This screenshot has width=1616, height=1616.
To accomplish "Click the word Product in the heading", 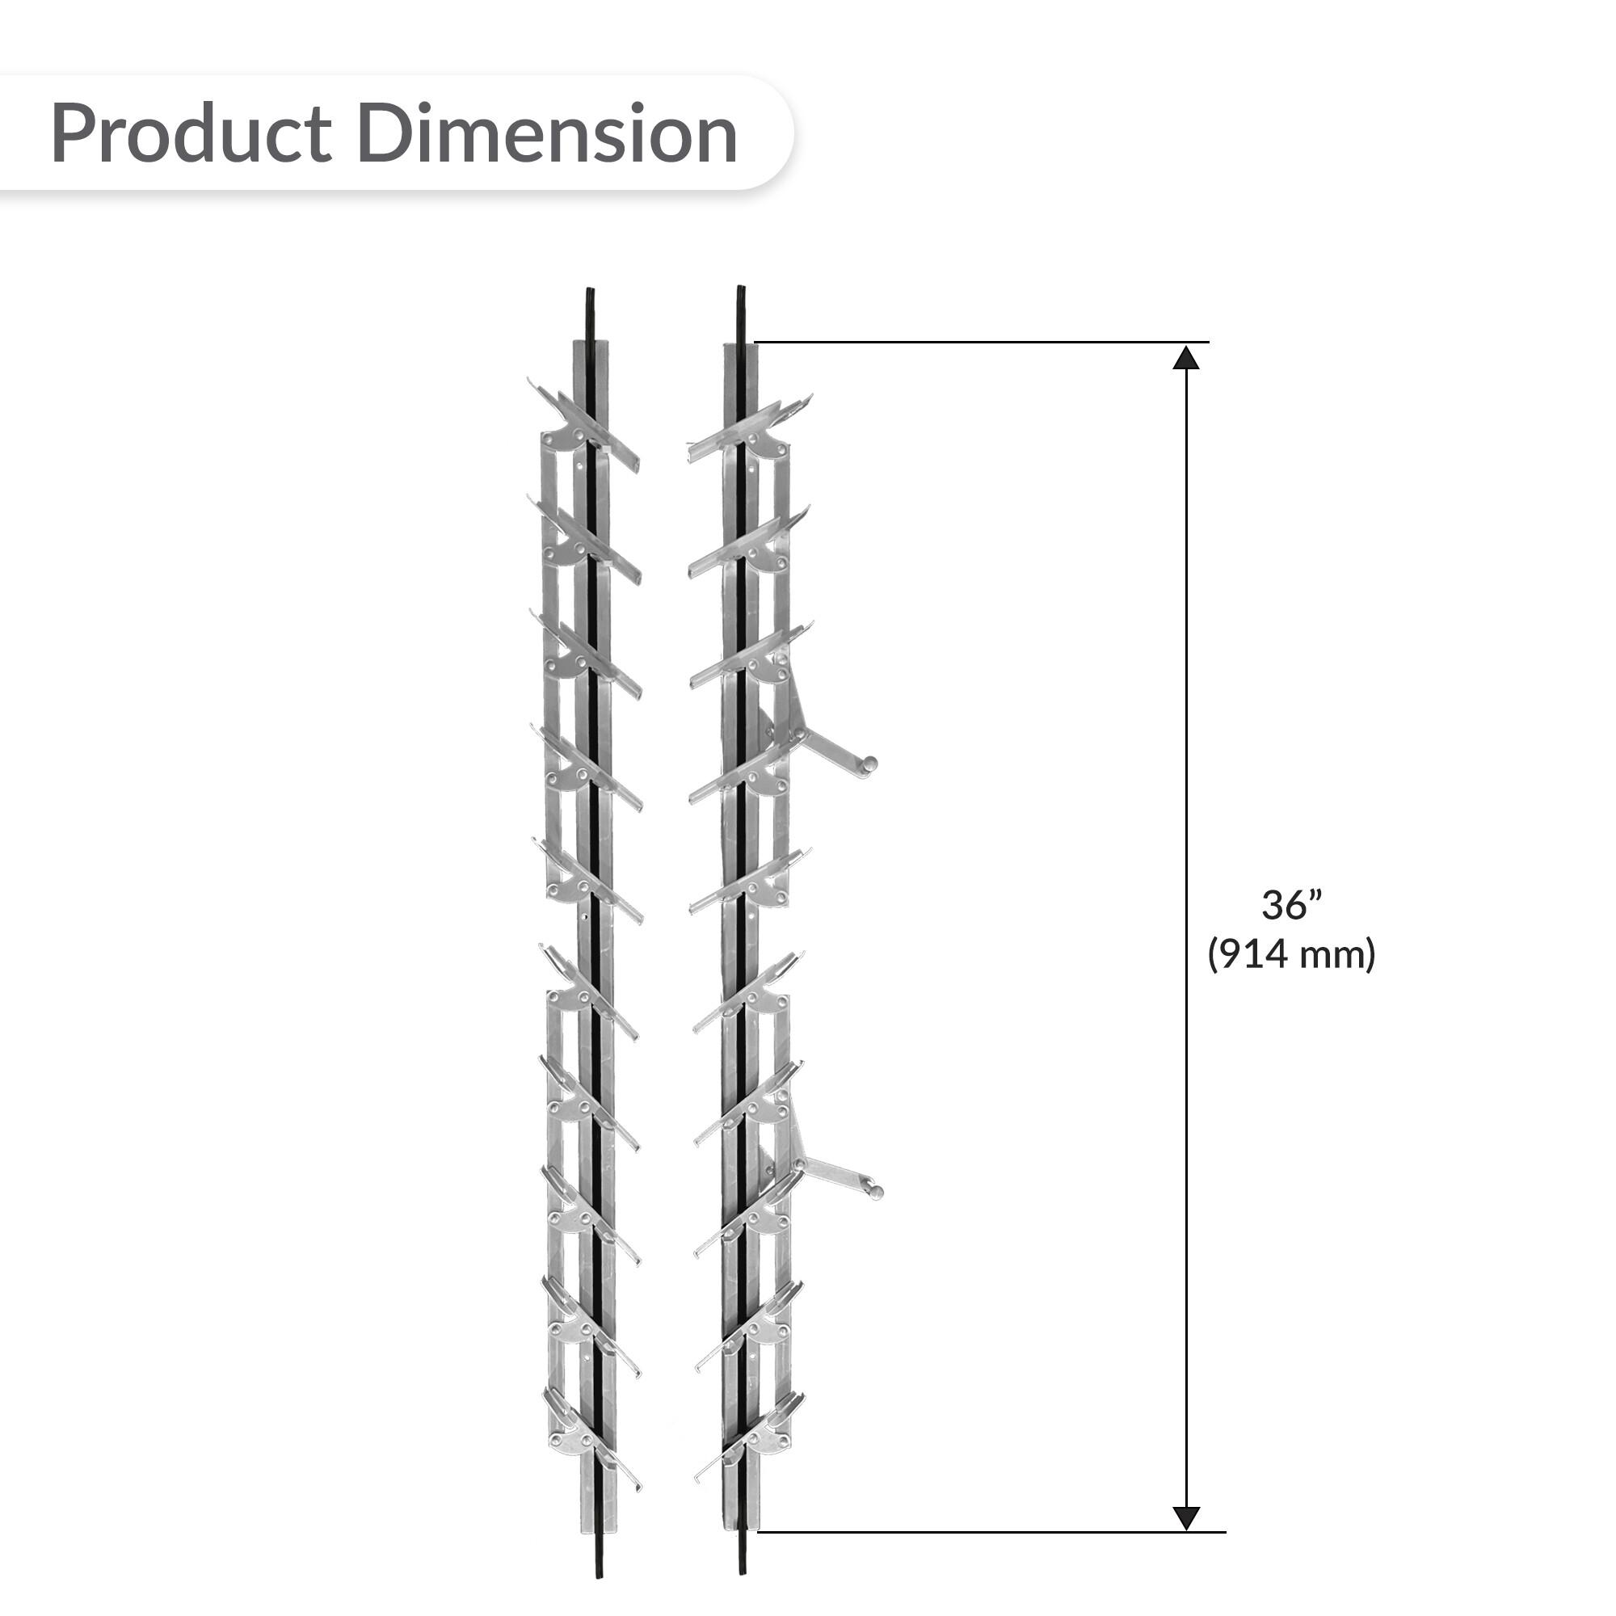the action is pos(191,134).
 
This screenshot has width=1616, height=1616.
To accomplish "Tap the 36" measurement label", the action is pos(1291,905).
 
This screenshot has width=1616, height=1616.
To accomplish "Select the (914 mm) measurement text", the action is pos(1291,953).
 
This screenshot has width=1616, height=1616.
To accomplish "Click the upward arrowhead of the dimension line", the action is pos(1186,357).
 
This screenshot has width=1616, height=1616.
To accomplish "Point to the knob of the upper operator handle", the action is pos(871,763).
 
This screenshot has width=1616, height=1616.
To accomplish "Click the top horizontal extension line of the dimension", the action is pos(982,342).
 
